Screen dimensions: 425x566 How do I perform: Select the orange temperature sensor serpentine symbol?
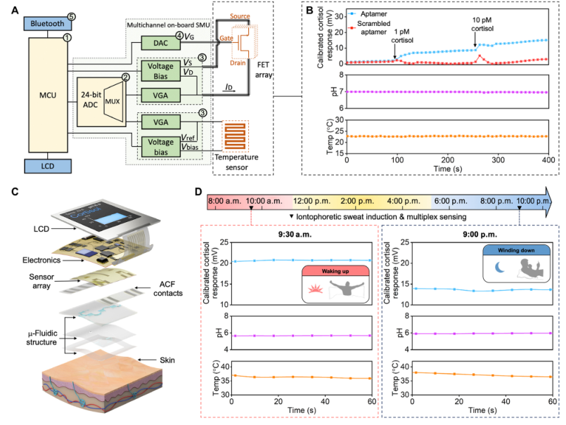tap(241, 133)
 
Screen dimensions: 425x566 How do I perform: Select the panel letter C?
tap(15, 191)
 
